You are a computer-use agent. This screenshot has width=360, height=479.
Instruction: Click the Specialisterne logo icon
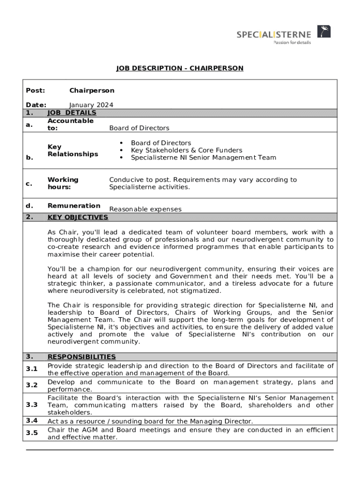(324, 32)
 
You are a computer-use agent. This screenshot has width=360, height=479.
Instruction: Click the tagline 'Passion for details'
(292, 42)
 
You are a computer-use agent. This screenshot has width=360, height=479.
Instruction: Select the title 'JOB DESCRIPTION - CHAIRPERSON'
(180, 68)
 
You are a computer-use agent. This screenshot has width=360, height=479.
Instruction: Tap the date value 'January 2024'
(91, 105)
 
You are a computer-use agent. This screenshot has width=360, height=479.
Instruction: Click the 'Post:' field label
(36, 90)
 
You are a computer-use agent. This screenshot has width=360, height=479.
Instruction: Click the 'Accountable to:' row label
(70, 124)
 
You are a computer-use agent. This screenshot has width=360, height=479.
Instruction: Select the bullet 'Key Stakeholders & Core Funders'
(187, 150)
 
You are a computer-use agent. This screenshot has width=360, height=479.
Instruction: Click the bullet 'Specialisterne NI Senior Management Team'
(203, 158)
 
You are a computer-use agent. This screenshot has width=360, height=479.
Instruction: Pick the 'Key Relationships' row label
(72, 150)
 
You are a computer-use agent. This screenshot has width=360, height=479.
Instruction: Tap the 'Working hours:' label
(63, 183)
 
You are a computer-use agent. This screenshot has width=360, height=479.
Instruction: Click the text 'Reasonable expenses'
(145, 209)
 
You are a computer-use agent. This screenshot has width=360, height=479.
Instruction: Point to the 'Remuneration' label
(74, 205)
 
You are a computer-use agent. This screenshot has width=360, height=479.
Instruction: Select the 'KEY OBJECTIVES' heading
(78, 217)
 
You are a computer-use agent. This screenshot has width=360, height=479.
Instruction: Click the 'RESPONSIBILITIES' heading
(81, 356)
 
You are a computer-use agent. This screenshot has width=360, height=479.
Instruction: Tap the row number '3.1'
(32, 369)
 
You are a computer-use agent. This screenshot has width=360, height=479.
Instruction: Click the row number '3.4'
(32, 421)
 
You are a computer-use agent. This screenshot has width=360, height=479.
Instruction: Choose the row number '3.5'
(32, 433)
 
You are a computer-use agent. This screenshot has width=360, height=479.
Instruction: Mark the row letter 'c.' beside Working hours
(29, 183)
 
